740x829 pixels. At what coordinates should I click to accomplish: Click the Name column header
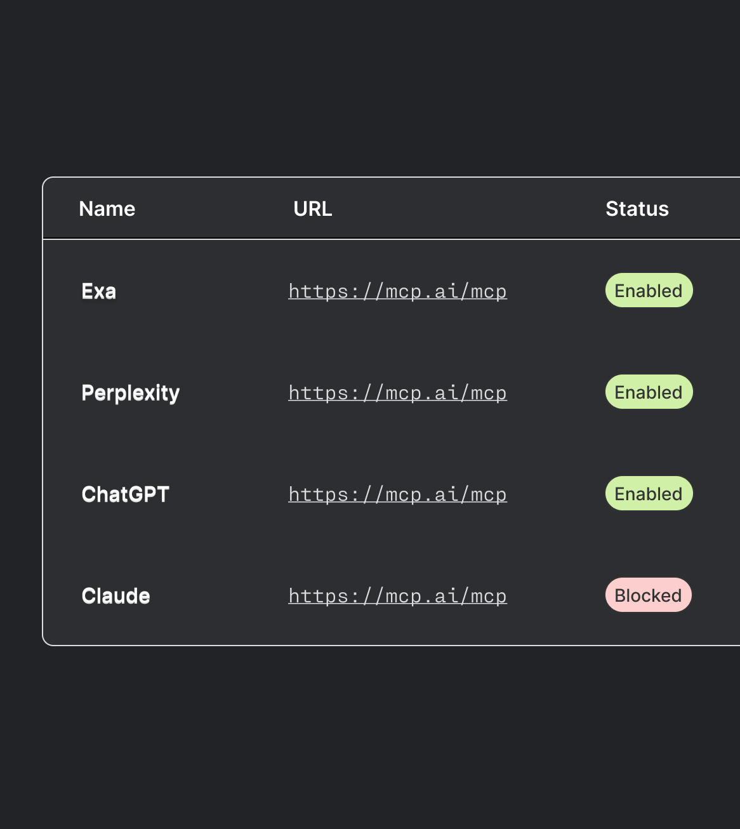point(107,209)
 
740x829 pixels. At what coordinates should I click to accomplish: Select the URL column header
point(312,209)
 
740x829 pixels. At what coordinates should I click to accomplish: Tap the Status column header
point(637,209)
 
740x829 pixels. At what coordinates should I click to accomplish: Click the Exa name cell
point(99,291)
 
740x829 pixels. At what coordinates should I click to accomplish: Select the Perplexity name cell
point(131,393)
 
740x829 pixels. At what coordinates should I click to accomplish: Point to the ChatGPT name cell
point(126,494)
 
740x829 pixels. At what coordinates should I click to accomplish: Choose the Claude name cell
point(116,596)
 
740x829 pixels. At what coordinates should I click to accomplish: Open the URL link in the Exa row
point(397,291)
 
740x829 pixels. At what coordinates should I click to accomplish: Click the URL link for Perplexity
point(397,393)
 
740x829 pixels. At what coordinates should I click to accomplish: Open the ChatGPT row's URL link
point(397,494)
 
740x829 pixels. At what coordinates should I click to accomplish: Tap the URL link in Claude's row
point(397,596)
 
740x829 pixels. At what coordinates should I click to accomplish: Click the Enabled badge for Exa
point(649,291)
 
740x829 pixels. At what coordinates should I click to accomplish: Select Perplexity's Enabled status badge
point(649,392)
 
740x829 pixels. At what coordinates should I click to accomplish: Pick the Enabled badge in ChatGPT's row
point(649,494)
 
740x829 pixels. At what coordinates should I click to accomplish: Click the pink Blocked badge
point(648,595)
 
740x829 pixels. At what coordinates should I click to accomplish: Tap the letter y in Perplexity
point(175,395)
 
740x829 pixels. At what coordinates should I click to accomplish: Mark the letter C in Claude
point(89,596)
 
